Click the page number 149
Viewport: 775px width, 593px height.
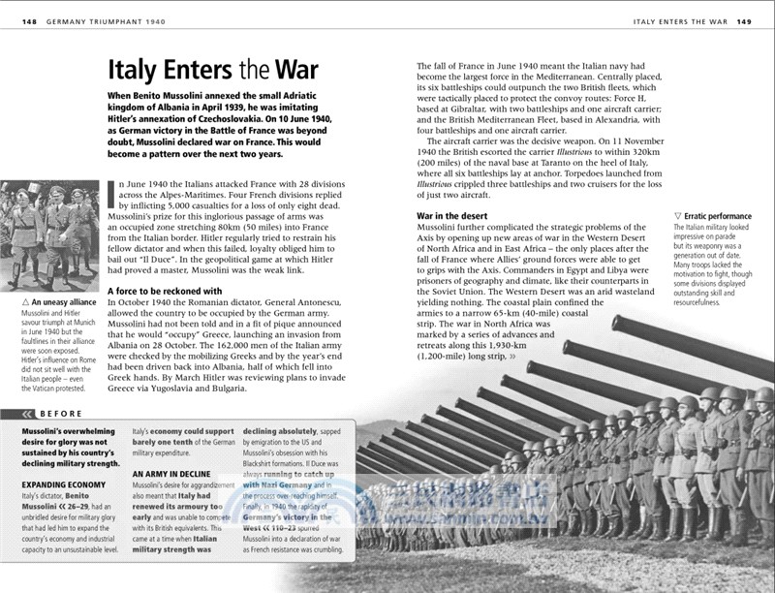[745, 21]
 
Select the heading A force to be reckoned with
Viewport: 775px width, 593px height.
[164, 291]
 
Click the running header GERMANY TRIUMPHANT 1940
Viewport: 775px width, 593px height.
[111, 21]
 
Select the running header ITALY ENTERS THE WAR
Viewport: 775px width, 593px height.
[679, 21]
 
